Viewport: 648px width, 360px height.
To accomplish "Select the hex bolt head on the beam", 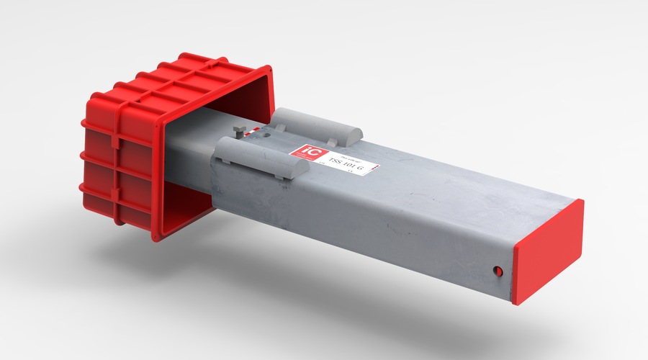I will coord(240,131).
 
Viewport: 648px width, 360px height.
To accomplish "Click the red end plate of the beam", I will coord(548,252).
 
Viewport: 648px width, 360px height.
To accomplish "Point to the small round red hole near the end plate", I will coord(497,271).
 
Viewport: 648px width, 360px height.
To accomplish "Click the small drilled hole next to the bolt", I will coord(268,135).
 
